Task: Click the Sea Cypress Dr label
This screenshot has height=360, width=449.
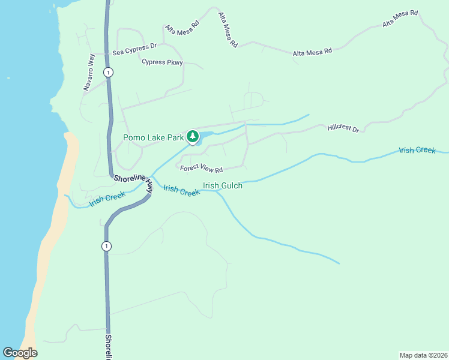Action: pos(134,45)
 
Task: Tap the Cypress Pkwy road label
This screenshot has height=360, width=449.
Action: pos(161,62)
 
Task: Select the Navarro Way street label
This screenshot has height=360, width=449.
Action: pos(89,73)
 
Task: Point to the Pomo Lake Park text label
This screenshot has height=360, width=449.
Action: pos(153,137)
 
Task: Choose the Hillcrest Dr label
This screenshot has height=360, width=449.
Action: pos(343,128)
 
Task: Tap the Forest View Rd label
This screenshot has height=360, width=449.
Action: pos(201,170)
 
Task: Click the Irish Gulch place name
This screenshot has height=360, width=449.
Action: pos(223,186)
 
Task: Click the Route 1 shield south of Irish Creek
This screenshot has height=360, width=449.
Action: pos(106,246)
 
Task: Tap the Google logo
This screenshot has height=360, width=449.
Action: pos(20,353)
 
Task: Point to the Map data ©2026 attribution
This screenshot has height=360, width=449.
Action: pos(423,355)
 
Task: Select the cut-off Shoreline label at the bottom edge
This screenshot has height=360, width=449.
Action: pos(109,347)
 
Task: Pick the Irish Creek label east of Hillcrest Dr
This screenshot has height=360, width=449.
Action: pos(417,150)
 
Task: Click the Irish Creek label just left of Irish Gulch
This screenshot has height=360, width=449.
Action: pos(181,191)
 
